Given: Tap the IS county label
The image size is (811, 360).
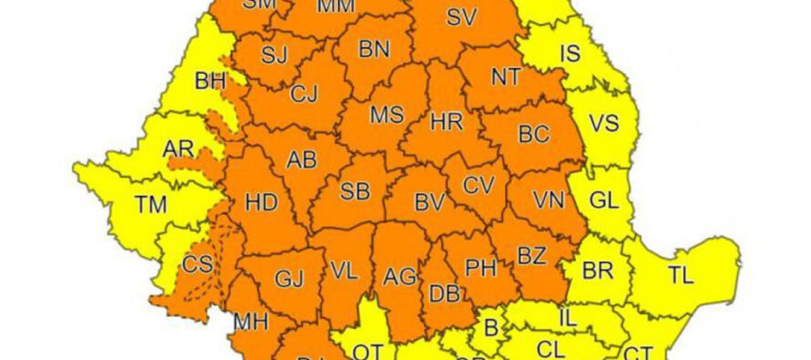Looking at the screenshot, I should point(570,54).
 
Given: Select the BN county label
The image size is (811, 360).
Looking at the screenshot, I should point(374,49).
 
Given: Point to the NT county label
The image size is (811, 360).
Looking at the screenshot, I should point(507,77).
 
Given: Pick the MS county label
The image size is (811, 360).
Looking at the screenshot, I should point(385,116).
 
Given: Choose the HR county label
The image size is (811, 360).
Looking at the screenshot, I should point(447,122).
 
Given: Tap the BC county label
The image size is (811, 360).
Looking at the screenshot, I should point(534,135).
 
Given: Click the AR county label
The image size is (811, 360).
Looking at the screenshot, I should point(179,149).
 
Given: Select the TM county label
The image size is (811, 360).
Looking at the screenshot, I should point(151,205).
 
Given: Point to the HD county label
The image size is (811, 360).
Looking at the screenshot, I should point(262,202).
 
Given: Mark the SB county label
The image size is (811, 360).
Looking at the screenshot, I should point(354,192).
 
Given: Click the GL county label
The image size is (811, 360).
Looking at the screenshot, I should point(602,201).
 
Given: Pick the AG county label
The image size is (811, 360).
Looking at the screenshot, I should point(400,276).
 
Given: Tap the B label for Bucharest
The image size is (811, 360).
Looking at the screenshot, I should point(489,326).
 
